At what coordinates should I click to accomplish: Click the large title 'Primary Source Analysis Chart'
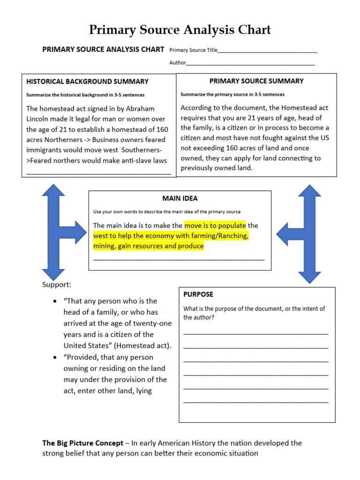coord(180,30)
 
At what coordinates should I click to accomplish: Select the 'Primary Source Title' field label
coord(193,50)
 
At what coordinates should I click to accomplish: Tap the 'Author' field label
coord(178,63)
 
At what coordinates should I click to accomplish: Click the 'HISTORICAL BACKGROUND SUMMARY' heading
coord(87,82)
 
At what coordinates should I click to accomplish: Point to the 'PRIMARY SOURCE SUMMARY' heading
coord(256,81)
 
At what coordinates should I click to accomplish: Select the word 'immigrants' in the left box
coord(44,150)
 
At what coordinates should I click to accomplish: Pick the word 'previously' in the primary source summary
coord(197,168)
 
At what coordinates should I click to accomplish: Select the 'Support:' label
coord(57,285)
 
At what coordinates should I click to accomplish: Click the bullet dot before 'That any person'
coord(55,301)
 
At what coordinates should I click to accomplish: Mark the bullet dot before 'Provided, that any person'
coord(55,357)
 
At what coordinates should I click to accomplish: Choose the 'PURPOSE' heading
coord(198,294)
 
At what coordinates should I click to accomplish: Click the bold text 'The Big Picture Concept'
coord(83,443)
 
